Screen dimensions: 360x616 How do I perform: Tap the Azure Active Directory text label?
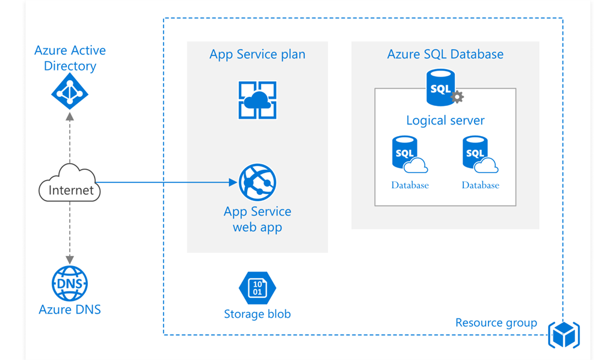click(x=69, y=58)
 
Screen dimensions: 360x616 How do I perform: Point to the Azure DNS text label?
click(x=70, y=310)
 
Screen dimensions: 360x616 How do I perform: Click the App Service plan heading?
click(x=257, y=54)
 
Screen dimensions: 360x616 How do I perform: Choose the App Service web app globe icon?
click(x=257, y=182)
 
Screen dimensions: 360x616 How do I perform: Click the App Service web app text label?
click(x=257, y=219)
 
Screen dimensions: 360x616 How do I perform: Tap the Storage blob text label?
click(x=257, y=314)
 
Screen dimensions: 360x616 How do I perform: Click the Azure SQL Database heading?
click(x=445, y=54)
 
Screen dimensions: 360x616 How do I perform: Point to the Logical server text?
click(x=445, y=120)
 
